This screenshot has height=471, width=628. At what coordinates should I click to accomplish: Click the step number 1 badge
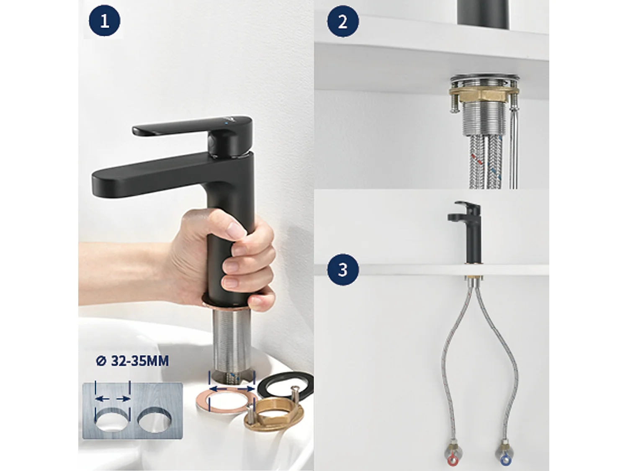[104, 21]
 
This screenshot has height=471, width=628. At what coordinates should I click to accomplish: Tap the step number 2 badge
[342, 21]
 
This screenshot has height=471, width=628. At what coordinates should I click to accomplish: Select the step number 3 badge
[342, 269]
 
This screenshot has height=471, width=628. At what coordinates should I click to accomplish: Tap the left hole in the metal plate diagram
[112, 419]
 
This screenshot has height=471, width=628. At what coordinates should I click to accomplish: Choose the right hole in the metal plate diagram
[154, 419]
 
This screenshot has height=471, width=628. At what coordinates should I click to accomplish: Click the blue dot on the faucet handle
[226, 123]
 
